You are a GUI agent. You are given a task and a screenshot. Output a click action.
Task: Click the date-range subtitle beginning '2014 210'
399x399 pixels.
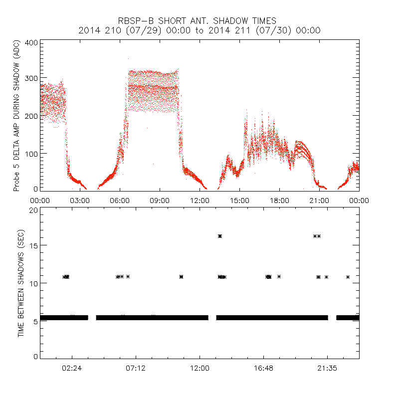coord(199,30)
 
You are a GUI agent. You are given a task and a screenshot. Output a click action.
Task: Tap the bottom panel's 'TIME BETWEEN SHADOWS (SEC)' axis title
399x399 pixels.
coord(21,284)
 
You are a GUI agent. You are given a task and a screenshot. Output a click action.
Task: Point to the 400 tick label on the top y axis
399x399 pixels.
coord(31,42)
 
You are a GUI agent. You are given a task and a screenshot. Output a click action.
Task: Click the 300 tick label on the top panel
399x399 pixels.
coord(31,79)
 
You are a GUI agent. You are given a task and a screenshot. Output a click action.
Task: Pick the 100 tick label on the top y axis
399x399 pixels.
coord(31,153)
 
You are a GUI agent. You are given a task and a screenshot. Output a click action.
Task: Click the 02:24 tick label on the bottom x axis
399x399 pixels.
coord(72,368)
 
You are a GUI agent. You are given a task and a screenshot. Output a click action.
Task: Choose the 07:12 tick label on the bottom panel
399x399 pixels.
coord(136,368)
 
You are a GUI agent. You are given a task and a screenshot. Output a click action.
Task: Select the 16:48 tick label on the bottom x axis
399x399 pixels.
coord(263,368)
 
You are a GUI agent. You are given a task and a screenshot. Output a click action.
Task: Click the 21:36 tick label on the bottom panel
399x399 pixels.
coord(327,368)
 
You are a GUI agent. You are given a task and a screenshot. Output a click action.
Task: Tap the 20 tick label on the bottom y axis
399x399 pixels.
coord(33,210)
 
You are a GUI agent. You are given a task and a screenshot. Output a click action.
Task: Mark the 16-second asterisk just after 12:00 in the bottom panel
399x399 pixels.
coord(220,236)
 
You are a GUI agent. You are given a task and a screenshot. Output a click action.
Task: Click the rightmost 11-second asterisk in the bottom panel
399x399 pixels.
coord(348,277)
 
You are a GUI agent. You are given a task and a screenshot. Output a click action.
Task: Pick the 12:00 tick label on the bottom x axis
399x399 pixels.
coord(199,368)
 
